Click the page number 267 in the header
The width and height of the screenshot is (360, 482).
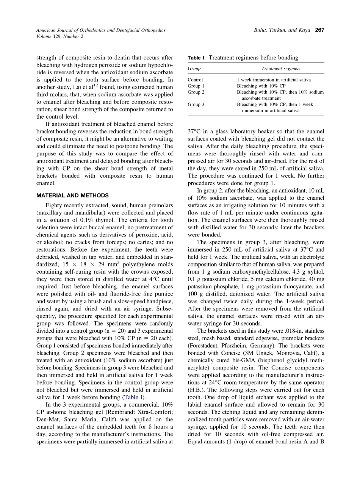pyautogui.click(x=319, y=30)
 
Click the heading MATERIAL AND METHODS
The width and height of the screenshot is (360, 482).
pyautogui.click(x=72, y=196)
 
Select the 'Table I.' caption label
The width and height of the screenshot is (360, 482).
pyautogui.click(x=196, y=58)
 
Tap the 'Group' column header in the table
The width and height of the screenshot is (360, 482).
pyautogui.click(x=194, y=69)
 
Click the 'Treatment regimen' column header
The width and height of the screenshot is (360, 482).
pyautogui.click(x=280, y=69)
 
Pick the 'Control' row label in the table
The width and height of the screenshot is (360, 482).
pyautogui.click(x=196, y=80)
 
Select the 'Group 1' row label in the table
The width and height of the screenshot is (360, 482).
pyautogui.click(x=196, y=86)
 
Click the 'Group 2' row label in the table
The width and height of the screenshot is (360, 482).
pyautogui.click(x=196, y=92)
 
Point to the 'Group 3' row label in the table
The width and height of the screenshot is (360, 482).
pyautogui.click(x=196, y=105)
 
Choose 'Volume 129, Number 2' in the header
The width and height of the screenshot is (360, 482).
pyautogui.click(x=60, y=36)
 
